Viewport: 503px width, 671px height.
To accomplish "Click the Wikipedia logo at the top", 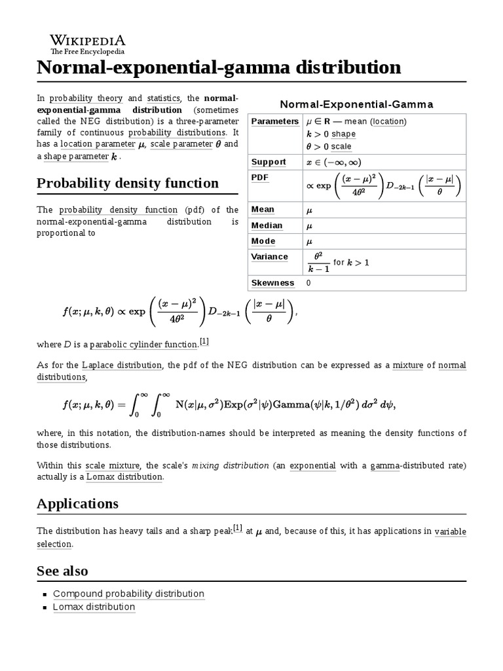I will [x=88, y=43].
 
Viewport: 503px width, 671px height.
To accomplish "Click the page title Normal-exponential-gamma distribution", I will [x=218, y=67].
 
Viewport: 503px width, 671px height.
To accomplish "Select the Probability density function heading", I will [x=128, y=183].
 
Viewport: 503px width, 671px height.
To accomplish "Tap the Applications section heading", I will [x=77, y=503].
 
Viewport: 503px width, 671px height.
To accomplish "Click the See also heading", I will [x=62, y=571].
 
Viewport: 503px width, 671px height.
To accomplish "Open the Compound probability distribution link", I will [x=128, y=594].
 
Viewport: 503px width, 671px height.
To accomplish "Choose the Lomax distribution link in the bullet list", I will [x=94, y=607].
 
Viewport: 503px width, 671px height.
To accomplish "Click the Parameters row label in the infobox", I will [x=274, y=121].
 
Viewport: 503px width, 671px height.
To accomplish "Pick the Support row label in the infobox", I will [x=269, y=162].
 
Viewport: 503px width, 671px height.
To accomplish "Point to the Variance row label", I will [x=269, y=256].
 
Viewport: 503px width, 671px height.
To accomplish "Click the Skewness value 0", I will [x=308, y=283].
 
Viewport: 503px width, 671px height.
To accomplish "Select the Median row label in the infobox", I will [x=267, y=225].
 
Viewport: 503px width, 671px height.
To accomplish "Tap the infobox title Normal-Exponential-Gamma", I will [x=357, y=105].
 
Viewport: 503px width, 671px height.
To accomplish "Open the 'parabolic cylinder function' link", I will [x=143, y=344].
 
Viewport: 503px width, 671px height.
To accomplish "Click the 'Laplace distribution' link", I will [x=122, y=365].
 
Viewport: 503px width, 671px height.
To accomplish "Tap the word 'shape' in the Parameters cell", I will [x=343, y=134].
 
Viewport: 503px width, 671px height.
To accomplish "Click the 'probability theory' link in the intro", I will [x=86, y=98].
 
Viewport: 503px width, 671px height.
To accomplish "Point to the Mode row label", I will [x=263, y=241].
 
